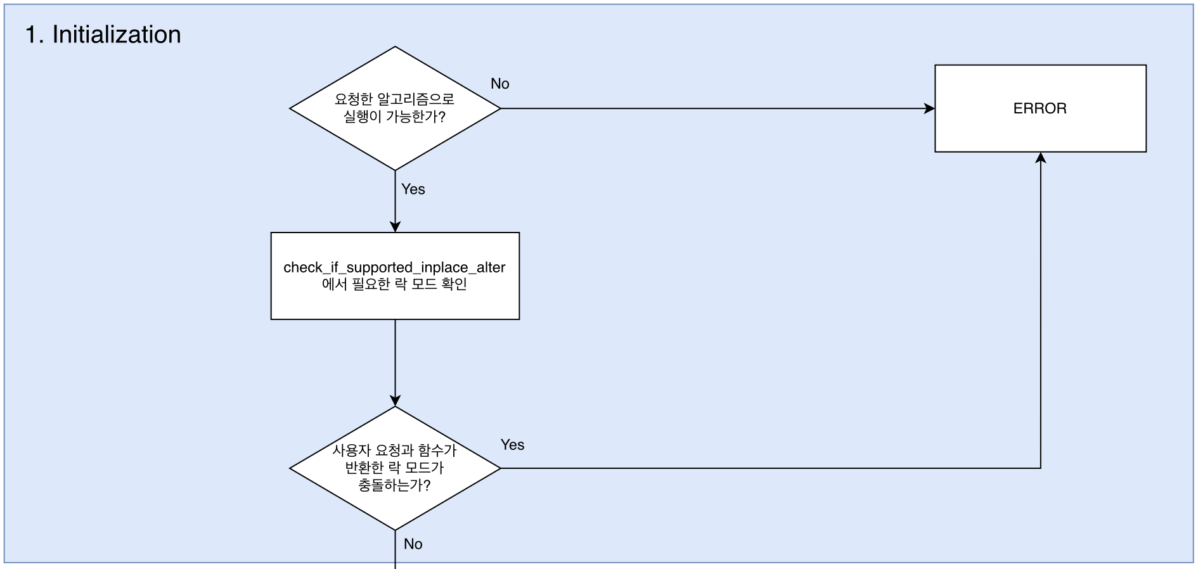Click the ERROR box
coord(1040,108)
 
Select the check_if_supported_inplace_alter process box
coord(395,276)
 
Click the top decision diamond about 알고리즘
coord(395,108)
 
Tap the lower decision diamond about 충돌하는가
coord(395,468)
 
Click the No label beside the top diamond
coord(500,84)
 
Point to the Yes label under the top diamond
coord(413,189)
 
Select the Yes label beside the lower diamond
coord(512,445)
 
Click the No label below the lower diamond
coord(413,544)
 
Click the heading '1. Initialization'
coord(103,34)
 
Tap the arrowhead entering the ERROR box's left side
coord(930,108)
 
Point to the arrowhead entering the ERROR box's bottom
coord(1040,158)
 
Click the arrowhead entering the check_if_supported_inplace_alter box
coord(395,227)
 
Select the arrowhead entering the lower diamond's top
coord(395,400)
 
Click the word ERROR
coord(1040,108)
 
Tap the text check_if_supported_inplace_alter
coord(394,267)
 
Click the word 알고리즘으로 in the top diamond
coord(416,99)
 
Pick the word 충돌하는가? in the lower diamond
coord(394,485)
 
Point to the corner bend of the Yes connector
coord(1040,468)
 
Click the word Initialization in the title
coord(117,34)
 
